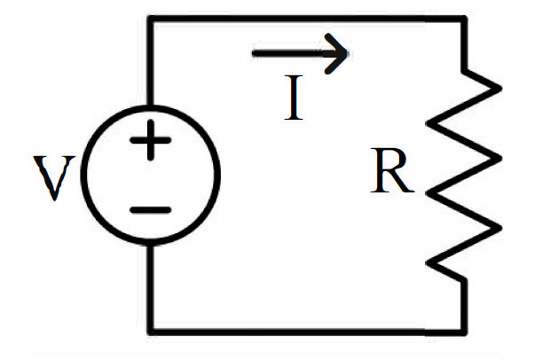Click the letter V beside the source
pos(54,178)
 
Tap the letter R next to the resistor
pos(392,170)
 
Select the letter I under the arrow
pos(294,98)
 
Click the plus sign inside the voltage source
pos(151,140)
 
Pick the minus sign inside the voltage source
pos(151,210)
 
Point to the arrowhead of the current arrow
pos(347,53)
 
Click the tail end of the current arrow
pos(254,53)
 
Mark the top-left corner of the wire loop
pos(151,19)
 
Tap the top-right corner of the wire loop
pos(464,20)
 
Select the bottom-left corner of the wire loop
pos(151,332)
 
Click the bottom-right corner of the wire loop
pos(464,332)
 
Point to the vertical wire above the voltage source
pos(151,62)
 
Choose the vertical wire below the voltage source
pos(151,289)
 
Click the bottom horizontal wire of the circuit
pos(307,332)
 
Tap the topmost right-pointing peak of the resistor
pos(500,88)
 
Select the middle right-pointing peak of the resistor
pos(500,159)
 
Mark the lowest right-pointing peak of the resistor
pos(500,229)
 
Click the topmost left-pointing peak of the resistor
pos(428,123)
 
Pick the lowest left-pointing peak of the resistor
pos(428,263)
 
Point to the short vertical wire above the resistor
pos(464,45)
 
